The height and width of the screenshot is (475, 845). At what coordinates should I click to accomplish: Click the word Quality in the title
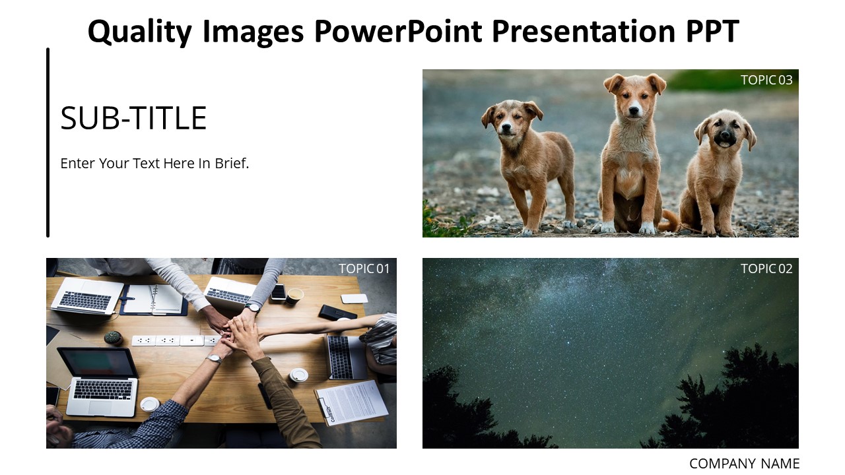click(x=139, y=32)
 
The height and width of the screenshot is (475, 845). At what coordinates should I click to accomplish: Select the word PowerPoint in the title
click(x=397, y=31)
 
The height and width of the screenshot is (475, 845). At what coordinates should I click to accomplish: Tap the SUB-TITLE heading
click(x=133, y=118)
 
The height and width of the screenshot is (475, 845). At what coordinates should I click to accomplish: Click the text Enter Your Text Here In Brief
click(x=154, y=163)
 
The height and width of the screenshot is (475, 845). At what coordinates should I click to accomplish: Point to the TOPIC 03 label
click(x=766, y=80)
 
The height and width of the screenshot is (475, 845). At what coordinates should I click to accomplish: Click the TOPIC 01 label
click(x=364, y=269)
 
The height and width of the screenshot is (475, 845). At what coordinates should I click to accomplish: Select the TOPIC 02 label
click(x=766, y=269)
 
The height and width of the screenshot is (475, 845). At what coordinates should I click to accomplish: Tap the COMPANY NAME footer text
click(x=744, y=463)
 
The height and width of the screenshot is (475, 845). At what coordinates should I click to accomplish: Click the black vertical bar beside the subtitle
click(x=48, y=142)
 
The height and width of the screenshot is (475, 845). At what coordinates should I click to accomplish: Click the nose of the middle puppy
click(x=634, y=110)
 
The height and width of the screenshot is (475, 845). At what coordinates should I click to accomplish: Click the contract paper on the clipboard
click(x=352, y=402)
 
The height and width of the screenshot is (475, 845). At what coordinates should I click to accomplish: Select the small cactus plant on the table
click(x=113, y=337)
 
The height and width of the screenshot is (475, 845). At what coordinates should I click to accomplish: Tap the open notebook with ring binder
click(x=154, y=300)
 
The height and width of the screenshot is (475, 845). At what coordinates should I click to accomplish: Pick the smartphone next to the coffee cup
click(x=279, y=292)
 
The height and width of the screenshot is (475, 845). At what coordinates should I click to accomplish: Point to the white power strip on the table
click(x=176, y=341)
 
